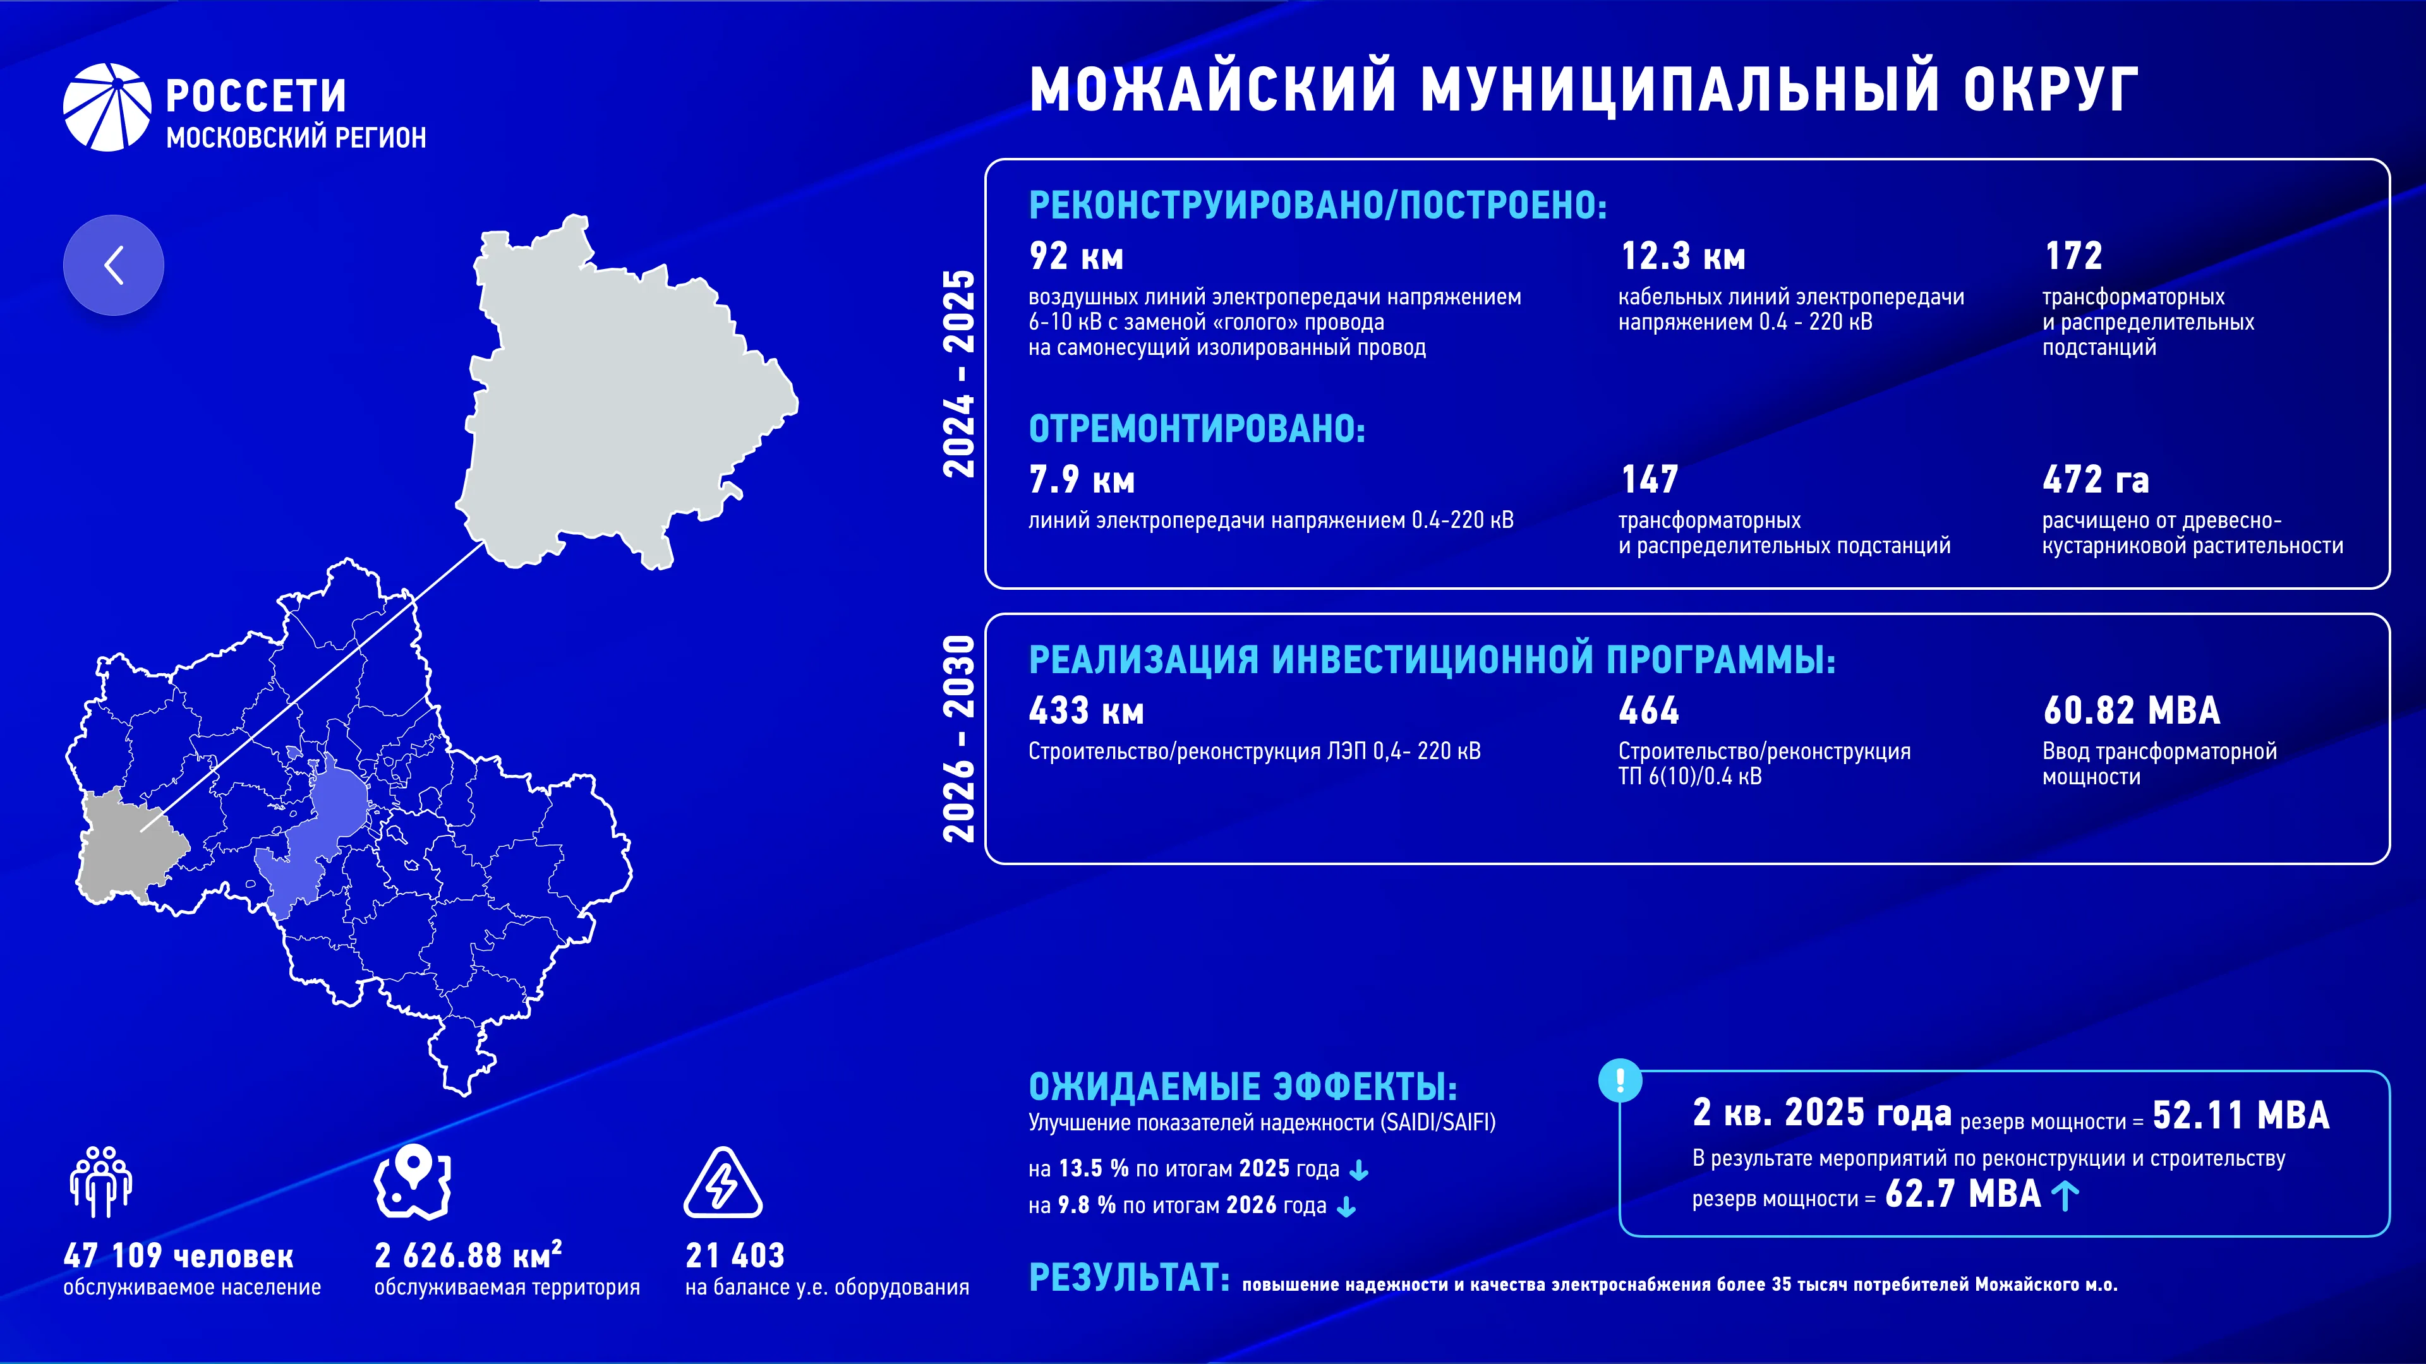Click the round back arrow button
[113, 265]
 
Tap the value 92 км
[1075, 256]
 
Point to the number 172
[2073, 255]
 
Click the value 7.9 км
[1081, 480]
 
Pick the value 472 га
[2096, 480]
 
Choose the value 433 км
[1086, 710]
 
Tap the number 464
[1648, 710]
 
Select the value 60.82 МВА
[2131, 710]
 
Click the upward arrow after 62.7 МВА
[2065, 1195]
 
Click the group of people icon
[101, 1182]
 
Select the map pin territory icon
[413, 1182]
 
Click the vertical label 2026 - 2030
[959, 739]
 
